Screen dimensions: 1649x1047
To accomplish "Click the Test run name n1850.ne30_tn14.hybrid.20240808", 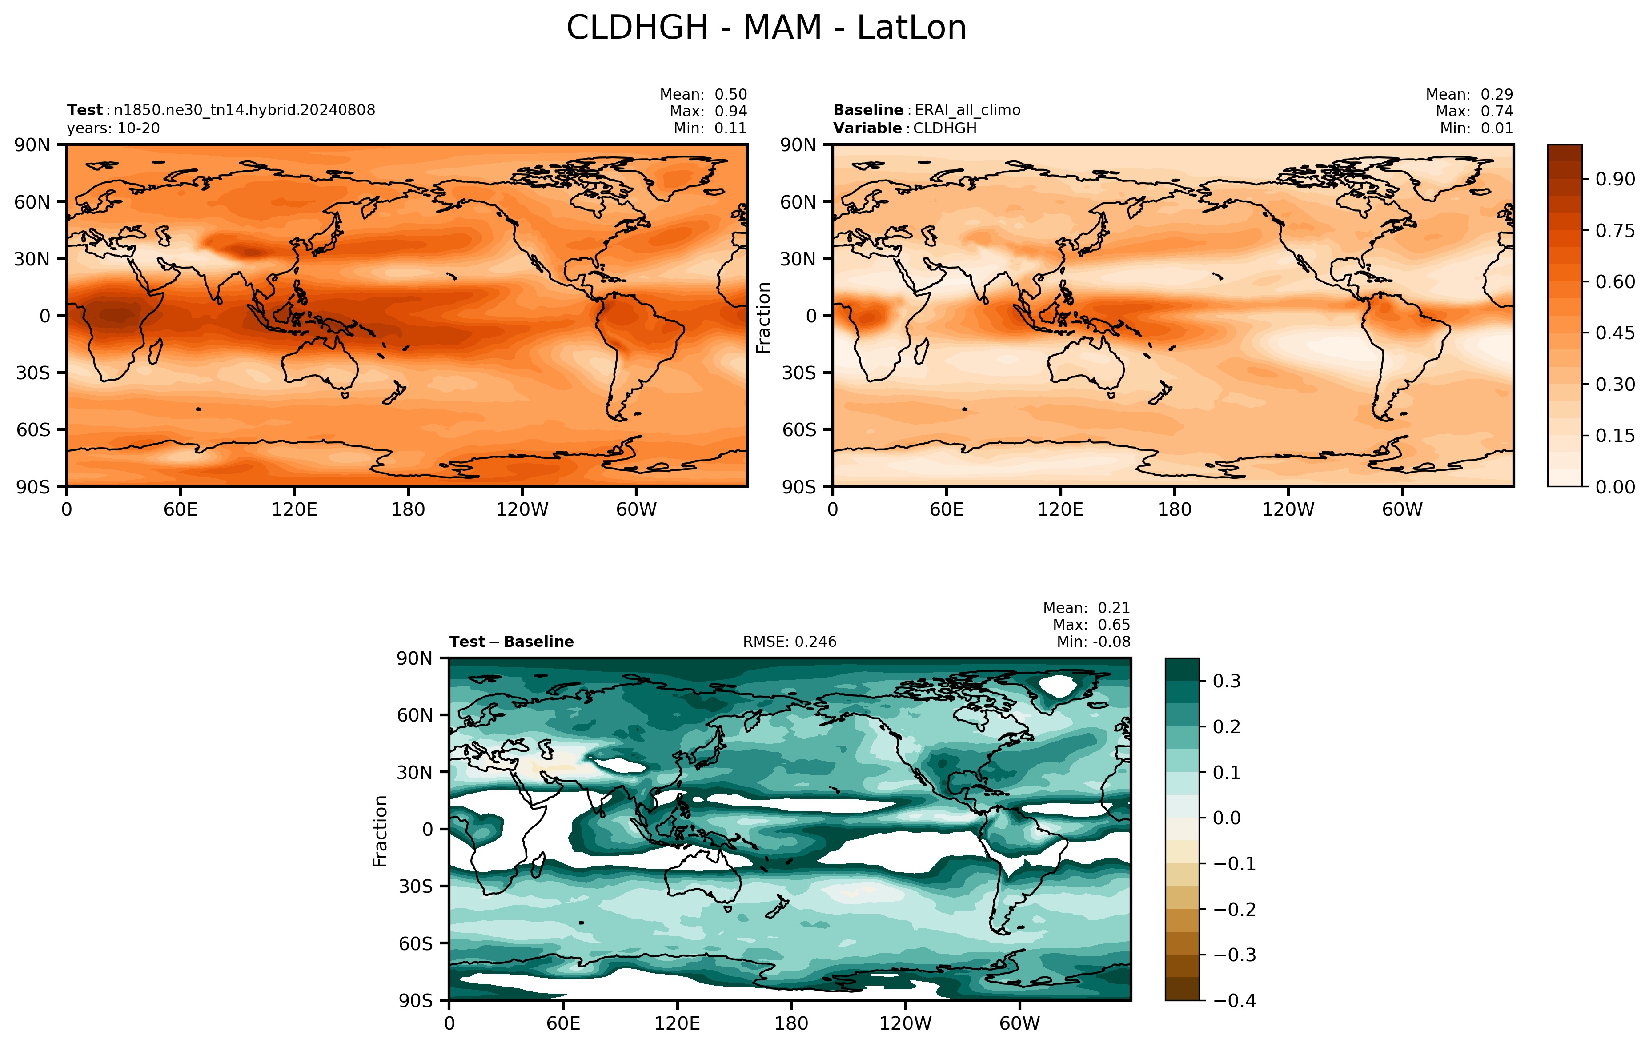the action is tap(245, 110).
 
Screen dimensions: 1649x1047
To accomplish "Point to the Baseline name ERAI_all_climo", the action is tap(967, 110).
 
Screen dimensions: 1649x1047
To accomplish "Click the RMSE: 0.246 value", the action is tap(790, 642).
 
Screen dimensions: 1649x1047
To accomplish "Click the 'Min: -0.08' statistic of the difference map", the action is tap(1094, 642).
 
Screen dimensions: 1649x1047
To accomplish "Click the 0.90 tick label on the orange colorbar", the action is tap(1616, 180).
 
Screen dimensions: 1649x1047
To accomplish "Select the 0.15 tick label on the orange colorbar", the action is tap(1616, 436).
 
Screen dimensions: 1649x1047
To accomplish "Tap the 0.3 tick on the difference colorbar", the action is tap(1227, 682).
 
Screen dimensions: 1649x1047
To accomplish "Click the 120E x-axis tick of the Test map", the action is tap(294, 509).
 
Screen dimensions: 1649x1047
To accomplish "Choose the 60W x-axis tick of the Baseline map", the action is tap(1402, 509).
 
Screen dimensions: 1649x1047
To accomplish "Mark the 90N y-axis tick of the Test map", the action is tap(32, 145).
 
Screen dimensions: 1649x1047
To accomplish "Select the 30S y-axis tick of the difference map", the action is tap(416, 887).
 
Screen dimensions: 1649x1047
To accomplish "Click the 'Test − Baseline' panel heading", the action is tap(512, 642).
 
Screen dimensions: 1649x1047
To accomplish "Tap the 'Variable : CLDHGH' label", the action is tap(905, 128).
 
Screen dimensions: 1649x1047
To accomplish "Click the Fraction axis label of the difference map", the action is tap(380, 830).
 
